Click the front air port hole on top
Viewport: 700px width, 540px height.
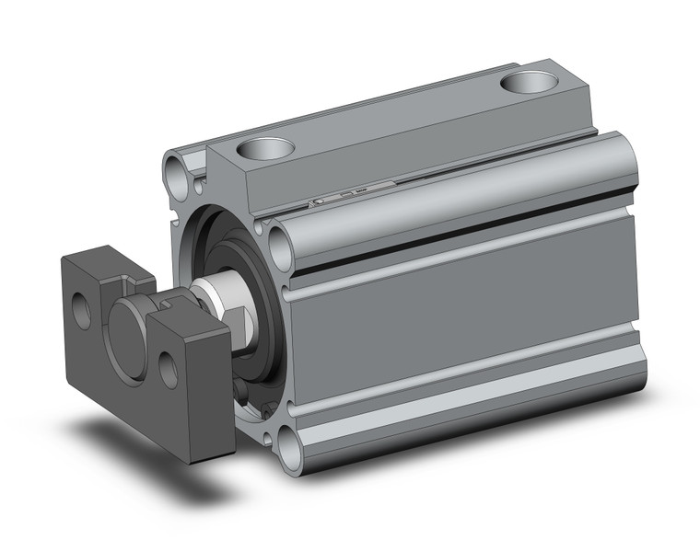click(x=266, y=146)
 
